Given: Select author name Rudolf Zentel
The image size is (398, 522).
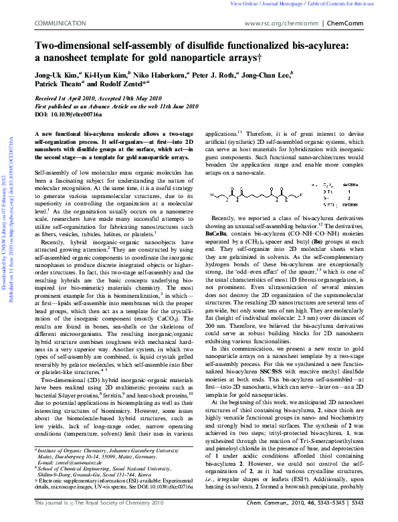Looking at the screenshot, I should click(x=132, y=86).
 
